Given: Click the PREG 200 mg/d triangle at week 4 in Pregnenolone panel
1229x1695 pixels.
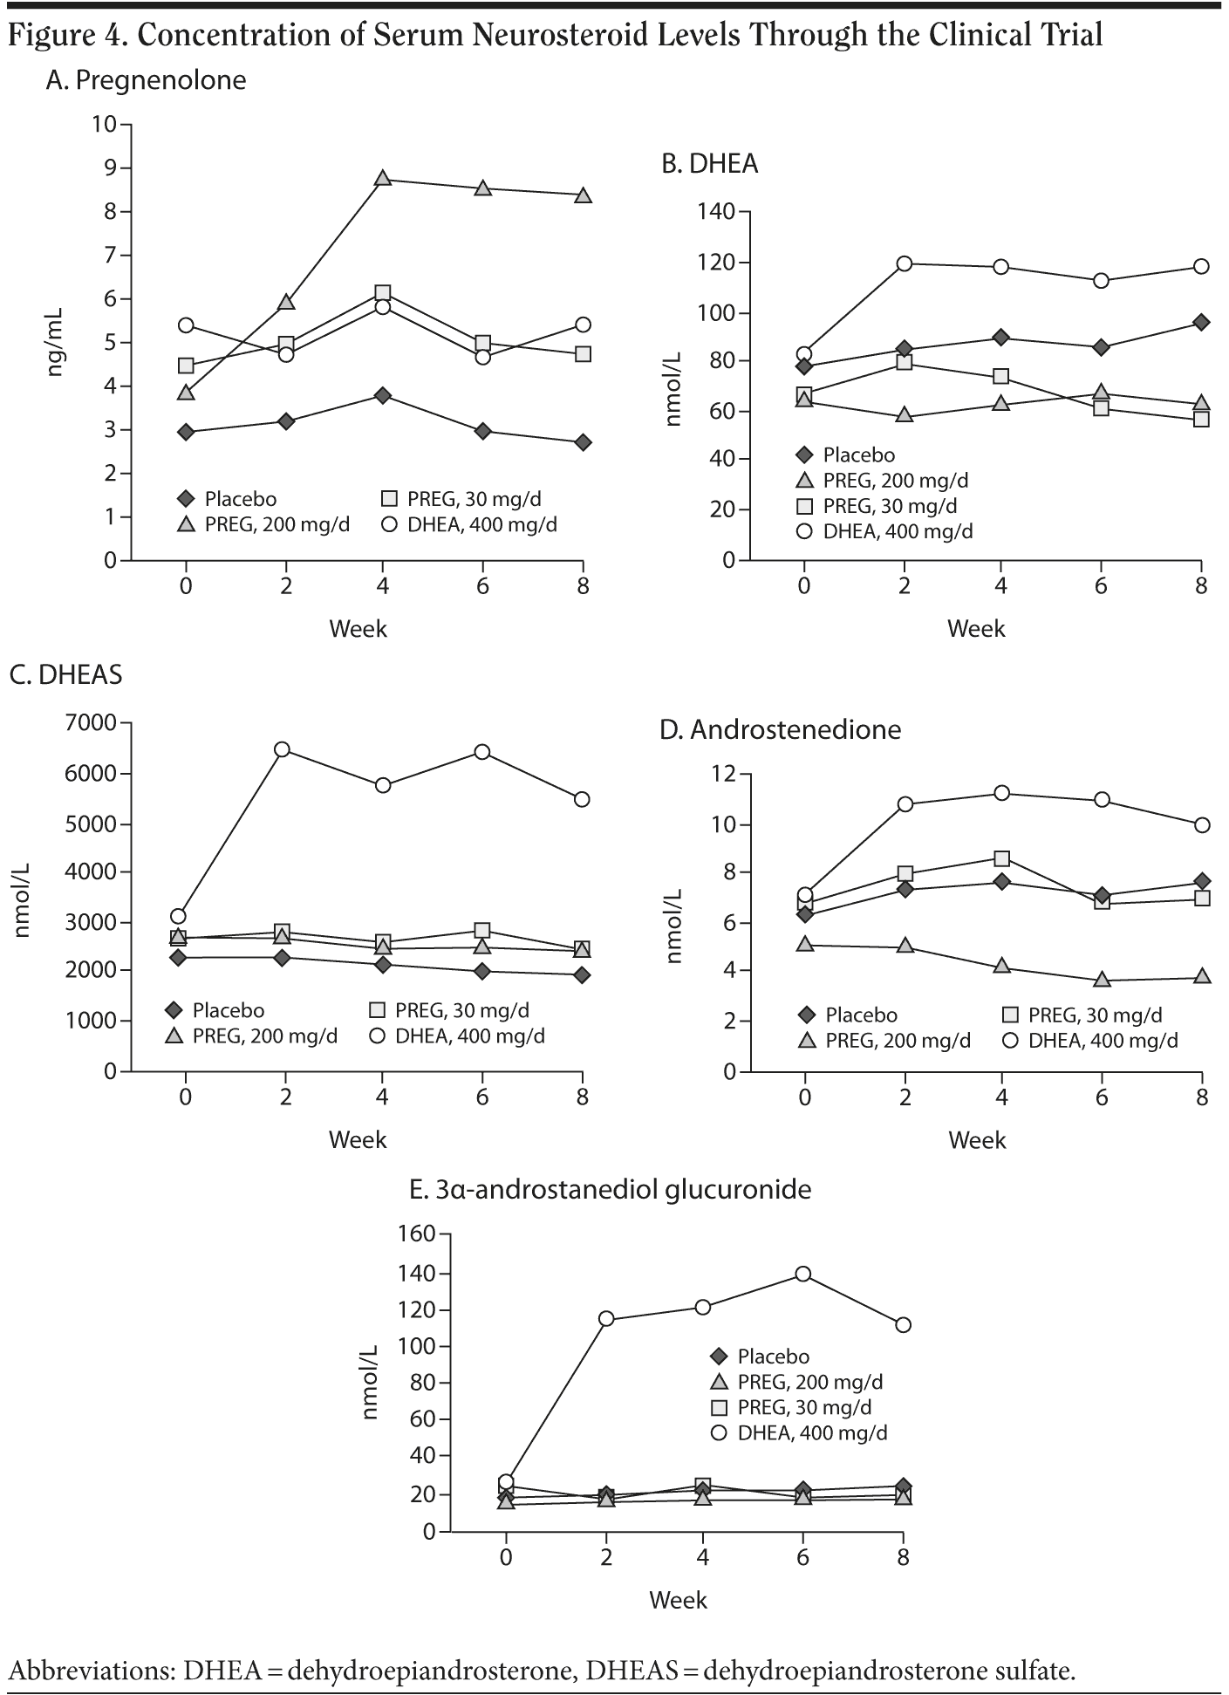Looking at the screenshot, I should click(382, 178).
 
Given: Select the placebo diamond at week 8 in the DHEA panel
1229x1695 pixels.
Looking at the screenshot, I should click(1201, 322).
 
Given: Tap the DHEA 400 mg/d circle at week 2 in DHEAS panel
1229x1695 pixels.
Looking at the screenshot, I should click(282, 749).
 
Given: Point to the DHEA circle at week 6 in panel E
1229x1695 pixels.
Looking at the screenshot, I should click(802, 1274).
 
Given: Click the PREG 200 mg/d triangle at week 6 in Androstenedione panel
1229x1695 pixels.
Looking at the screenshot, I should click(1102, 980).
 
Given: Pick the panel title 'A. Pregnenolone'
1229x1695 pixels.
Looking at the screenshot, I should click(146, 80).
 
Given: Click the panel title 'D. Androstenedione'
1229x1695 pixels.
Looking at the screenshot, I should click(780, 729).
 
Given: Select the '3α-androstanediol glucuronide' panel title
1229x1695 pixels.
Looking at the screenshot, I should click(611, 1189).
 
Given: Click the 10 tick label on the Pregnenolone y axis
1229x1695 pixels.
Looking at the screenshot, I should click(104, 124).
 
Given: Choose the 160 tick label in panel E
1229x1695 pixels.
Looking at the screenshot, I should click(417, 1234).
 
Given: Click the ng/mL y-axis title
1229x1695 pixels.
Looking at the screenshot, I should click(56, 342).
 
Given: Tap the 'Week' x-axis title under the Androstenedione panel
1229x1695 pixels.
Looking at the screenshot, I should click(977, 1140).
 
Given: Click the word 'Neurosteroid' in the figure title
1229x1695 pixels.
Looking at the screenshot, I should click(414, 35).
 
